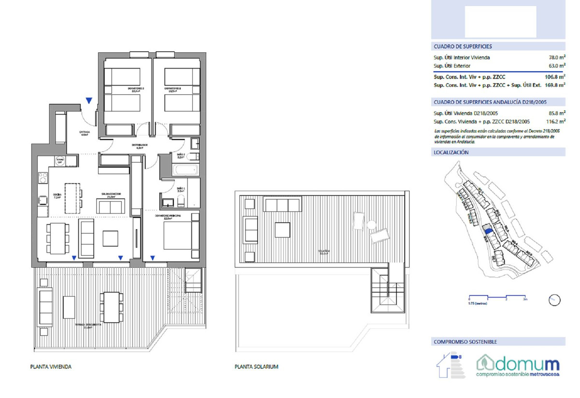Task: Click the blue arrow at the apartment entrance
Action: coord(88,100)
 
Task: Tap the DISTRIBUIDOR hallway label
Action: coord(141,146)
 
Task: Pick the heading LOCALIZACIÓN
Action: coord(451,152)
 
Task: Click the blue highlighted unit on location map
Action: coord(489,231)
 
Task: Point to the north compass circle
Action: coord(554,300)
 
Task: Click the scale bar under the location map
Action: coord(497,296)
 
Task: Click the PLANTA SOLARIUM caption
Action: coord(256,367)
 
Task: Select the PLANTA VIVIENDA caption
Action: coord(51,367)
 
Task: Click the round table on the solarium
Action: coord(371,225)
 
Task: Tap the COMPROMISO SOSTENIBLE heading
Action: coord(465,342)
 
